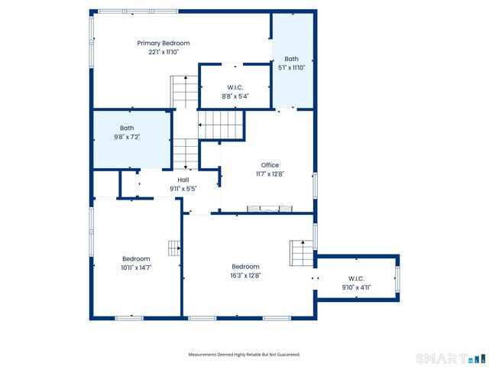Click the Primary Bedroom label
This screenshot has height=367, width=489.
(x=164, y=44)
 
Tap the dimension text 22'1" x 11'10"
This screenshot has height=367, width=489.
(x=164, y=52)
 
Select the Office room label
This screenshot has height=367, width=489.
(x=270, y=165)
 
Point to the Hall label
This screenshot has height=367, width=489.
(x=183, y=180)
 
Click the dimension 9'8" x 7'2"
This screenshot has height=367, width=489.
(x=127, y=137)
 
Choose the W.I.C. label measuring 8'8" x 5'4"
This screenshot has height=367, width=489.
(x=235, y=86)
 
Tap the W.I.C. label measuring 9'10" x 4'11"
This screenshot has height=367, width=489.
(x=356, y=278)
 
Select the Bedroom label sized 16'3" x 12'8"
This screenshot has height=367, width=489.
(x=246, y=267)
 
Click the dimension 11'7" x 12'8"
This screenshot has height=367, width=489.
(x=270, y=174)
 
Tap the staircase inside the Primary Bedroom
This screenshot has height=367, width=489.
(x=184, y=92)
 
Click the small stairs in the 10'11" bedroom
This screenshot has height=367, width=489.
(x=174, y=246)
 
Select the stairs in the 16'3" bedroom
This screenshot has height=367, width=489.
(x=300, y=252)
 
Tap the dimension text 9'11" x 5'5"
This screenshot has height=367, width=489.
(x=183, y=188)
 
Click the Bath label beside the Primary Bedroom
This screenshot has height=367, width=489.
(x=291, y=59)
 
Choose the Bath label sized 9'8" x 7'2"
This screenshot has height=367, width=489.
(x=127, y=128)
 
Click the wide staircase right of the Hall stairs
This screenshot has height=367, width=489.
(x=222, y=124)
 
